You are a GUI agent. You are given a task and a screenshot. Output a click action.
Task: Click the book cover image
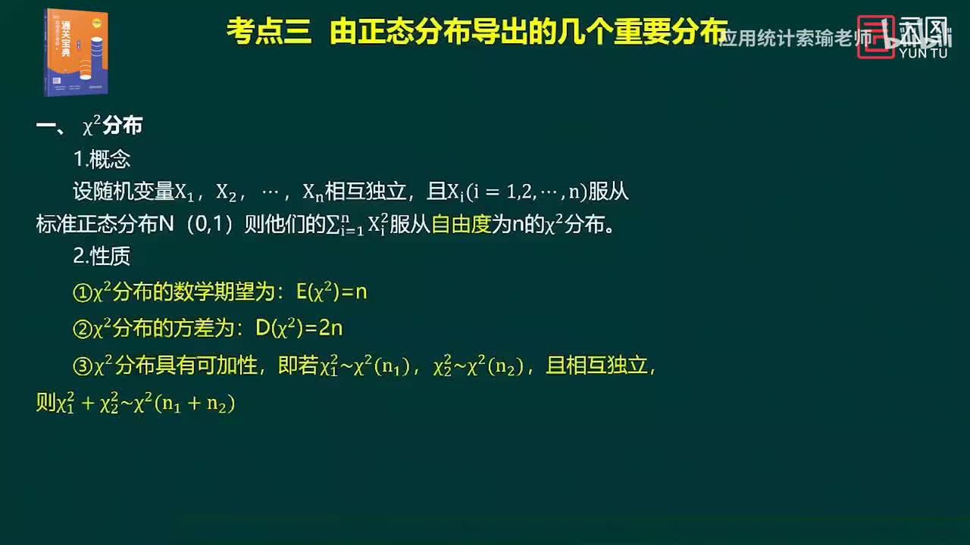click(x=76, y=51)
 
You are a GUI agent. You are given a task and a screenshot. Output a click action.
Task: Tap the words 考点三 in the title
click(x=269, y=33)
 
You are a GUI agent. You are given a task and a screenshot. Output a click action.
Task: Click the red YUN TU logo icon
click(x=875, y=37)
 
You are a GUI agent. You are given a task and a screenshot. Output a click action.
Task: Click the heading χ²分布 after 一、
click(x=112, y=126)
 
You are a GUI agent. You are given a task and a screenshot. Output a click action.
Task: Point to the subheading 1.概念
click(x=102, y=159)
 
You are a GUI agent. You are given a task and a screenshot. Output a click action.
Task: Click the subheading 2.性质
click(x=102, y=257)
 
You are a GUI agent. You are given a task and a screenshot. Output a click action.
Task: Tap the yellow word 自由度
click(x=462, y=225)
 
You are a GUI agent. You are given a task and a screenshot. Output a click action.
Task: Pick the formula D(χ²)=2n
click(x=299, y=328)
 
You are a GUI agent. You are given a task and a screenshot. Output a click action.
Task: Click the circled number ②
click(x=82, y=329)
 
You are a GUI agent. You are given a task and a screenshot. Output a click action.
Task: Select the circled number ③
click(x=82, y=367)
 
